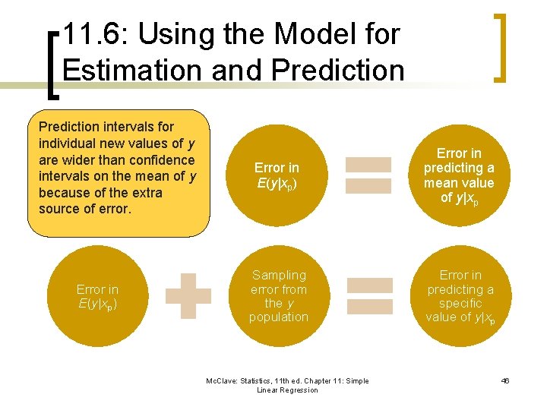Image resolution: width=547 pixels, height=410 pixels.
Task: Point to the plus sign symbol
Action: [x=188, y=295]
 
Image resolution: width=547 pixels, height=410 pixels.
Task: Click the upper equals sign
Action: [x=368, y=175]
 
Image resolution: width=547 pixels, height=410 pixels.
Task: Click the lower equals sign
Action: [x=370, y=296]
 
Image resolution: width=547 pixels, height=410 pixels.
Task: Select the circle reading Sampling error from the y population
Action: [x=279, y=295]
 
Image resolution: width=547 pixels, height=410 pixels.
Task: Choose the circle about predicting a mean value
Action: [x=459, y=175]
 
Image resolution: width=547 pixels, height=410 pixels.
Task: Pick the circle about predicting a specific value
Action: [x=459, y=295]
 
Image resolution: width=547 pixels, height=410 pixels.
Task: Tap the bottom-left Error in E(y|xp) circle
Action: [x=97, y=295]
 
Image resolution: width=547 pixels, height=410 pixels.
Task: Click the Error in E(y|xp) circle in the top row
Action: [x=277, y=175]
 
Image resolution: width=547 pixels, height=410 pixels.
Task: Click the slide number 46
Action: [x=505, y=380]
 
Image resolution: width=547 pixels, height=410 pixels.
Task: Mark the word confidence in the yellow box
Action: [x=156, y=159]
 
